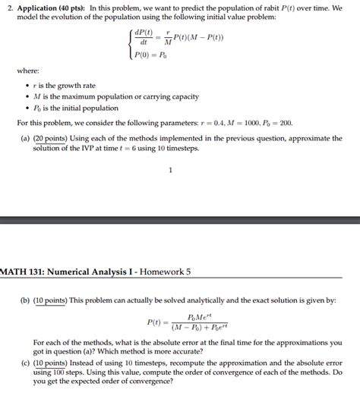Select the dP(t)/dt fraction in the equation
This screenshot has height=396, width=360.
tap(143, 37)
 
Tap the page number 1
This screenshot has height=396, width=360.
tap(171, 170)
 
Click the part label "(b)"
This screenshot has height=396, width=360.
tap(26, 300)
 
